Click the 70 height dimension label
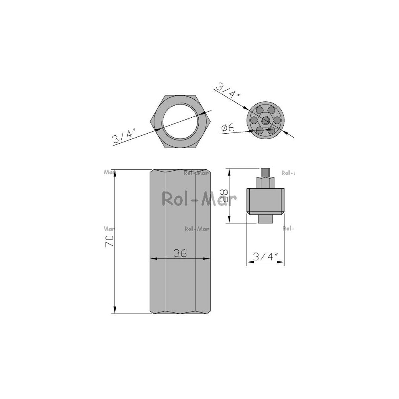click(110, 241)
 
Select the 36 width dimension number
click(180, 253)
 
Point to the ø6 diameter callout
click(228, 128)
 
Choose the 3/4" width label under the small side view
click(266, 257)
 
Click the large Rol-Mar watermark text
click(199, 199)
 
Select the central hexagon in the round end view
click(265, 120)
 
